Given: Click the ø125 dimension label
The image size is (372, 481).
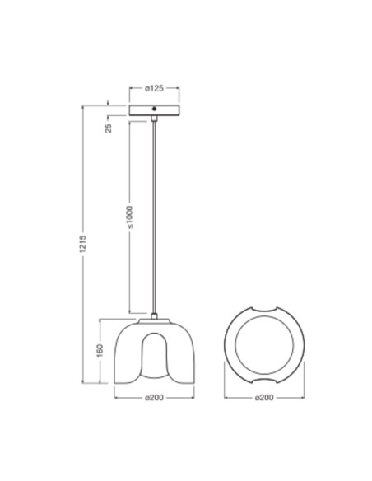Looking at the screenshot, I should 155,88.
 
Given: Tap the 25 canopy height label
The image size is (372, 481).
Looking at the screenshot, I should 109,128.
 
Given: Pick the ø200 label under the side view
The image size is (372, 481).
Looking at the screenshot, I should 155,398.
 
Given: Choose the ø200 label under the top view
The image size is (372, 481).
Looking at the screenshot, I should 264,398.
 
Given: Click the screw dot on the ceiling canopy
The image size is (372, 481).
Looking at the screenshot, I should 156,110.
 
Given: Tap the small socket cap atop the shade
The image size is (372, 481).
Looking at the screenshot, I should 155,317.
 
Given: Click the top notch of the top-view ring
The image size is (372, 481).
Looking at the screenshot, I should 264,311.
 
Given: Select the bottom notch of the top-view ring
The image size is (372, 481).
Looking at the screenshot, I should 264,382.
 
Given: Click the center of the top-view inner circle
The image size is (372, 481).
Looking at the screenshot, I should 264,347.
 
